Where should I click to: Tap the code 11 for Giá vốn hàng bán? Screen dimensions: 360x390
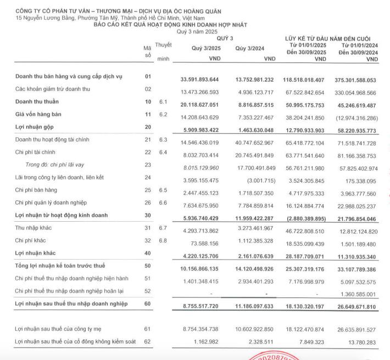[x=147, y=114]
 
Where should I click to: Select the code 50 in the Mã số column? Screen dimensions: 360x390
[x=147, y=266]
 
